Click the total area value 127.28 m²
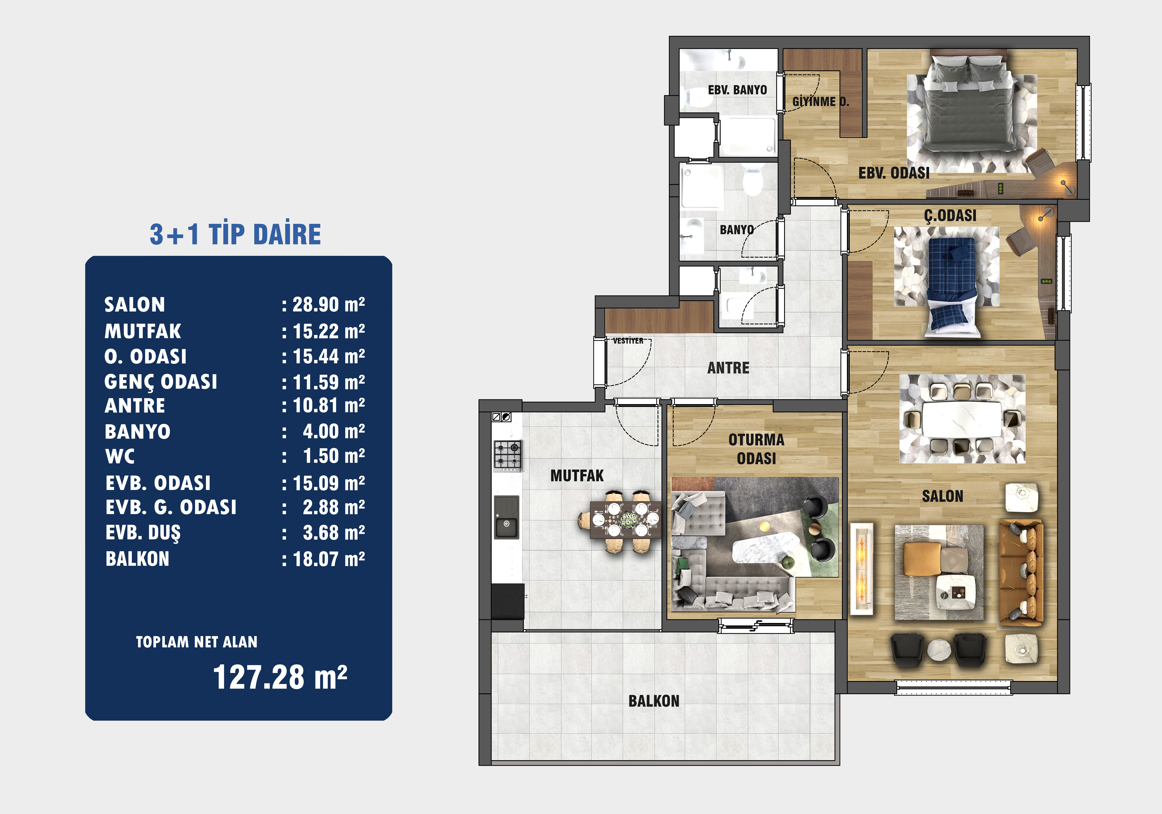[280, 677]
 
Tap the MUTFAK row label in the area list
[143, 332]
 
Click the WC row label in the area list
[120, 457]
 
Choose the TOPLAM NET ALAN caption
[196, 642]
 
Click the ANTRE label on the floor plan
[728, 368]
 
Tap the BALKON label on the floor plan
[654, 701]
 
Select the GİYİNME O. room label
[820, 101]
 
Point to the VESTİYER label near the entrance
[628, 341]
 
